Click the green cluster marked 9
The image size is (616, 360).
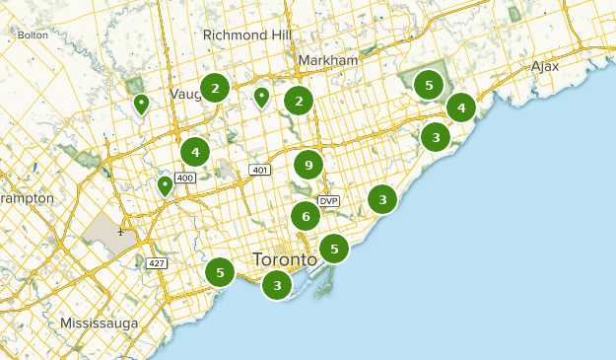[308, 165]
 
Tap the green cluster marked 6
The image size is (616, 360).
[306, 216]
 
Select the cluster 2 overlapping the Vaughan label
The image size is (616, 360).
[215, 89]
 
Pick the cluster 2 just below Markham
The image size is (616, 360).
[299, 101]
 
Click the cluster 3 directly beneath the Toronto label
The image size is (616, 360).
[277, 286]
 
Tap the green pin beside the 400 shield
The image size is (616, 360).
[165, 185]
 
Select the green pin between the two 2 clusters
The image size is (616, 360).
[261, 97]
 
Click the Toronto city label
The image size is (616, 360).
[285, 259]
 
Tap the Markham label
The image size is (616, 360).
[327, 61]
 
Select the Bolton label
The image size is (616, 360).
[33, 36]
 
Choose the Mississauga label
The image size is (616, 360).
[99, 324]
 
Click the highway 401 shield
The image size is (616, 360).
[259, 171]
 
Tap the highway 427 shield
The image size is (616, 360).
[156, 263]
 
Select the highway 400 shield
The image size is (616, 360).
[185, 178]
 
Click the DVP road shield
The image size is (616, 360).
[328, 201]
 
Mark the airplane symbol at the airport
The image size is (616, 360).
[120, 233]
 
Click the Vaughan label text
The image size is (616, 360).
[183, 93]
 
